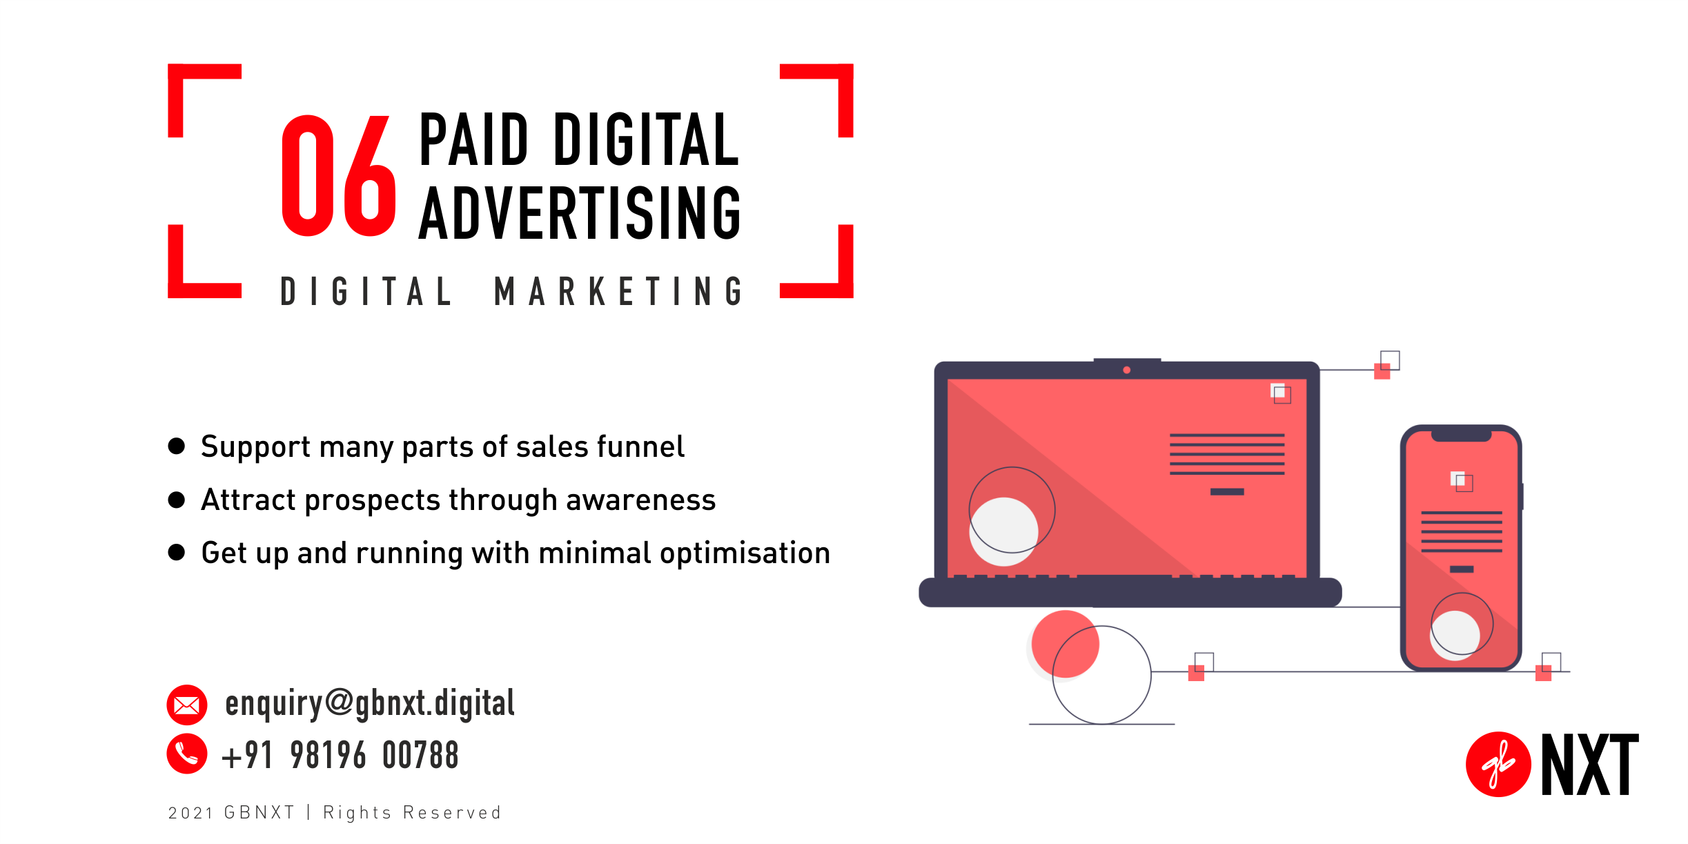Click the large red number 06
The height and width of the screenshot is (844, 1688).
pos(338,176)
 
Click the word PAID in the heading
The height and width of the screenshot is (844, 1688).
pos(473,140)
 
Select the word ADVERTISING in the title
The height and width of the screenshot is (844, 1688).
pos(580,213)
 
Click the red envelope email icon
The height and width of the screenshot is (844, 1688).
pos(186,705)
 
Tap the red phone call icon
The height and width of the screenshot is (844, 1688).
pos(186,754)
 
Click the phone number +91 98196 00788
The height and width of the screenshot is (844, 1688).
pos(340,755)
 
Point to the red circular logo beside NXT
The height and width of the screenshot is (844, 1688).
pos(1498,765)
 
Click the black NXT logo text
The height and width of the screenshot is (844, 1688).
pos(1589,765)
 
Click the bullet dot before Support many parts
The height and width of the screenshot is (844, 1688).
pos(177,446)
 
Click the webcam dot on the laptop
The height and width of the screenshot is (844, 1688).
pos(1127,371)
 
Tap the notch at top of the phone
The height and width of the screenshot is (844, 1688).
pos(1461,436)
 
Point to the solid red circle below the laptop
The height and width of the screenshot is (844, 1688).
pos(1065,644)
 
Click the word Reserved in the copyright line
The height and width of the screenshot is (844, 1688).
pos(452,813)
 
